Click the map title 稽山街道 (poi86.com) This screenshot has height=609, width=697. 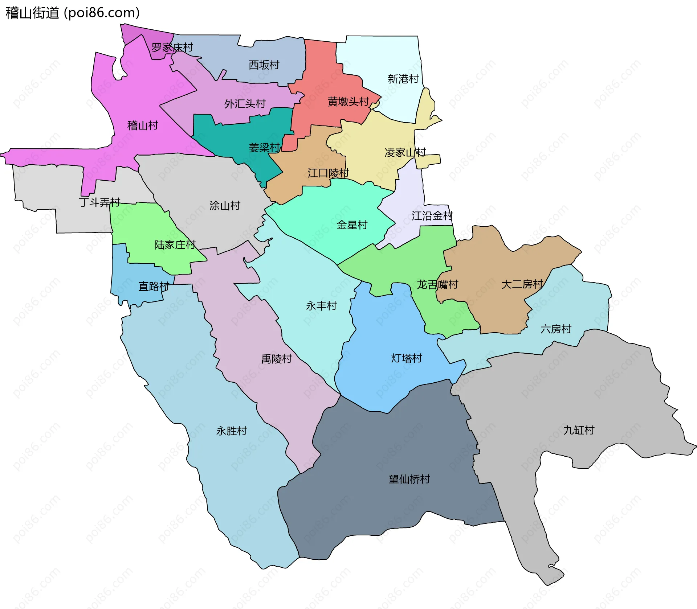point(73,13)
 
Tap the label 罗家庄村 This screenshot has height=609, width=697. point(172,48)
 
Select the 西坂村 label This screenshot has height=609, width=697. point(264,65)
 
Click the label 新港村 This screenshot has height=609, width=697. point(403,79)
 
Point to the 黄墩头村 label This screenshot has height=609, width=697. point(348,102)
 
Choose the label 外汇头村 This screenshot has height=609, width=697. point(245,104)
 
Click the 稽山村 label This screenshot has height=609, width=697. point(143,125)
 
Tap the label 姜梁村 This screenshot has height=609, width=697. point(264,148)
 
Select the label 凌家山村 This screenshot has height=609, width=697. point(405,152)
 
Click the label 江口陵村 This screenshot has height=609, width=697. point(328,173)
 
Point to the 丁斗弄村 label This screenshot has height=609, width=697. point(99,202)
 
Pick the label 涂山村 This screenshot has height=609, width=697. point(225,206)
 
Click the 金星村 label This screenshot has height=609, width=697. point(352,225)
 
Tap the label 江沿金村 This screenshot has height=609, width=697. point(432,216)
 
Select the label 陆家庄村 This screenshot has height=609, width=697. point(175,245)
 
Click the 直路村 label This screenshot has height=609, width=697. point(154,287)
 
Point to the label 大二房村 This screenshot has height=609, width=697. point(522,284)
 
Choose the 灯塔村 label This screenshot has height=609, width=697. point(407,358)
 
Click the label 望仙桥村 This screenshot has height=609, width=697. point(409,479)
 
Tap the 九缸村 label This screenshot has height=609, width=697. point(579,430)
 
